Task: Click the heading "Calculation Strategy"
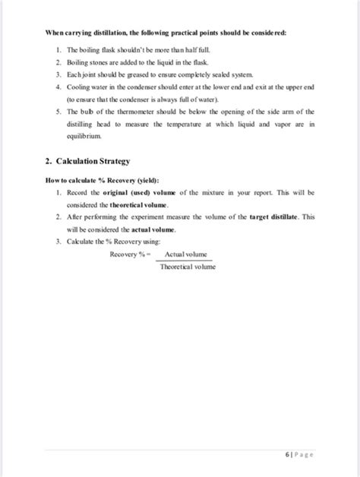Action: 96,161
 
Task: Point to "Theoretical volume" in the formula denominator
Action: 188,267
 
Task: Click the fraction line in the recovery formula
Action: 188,261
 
